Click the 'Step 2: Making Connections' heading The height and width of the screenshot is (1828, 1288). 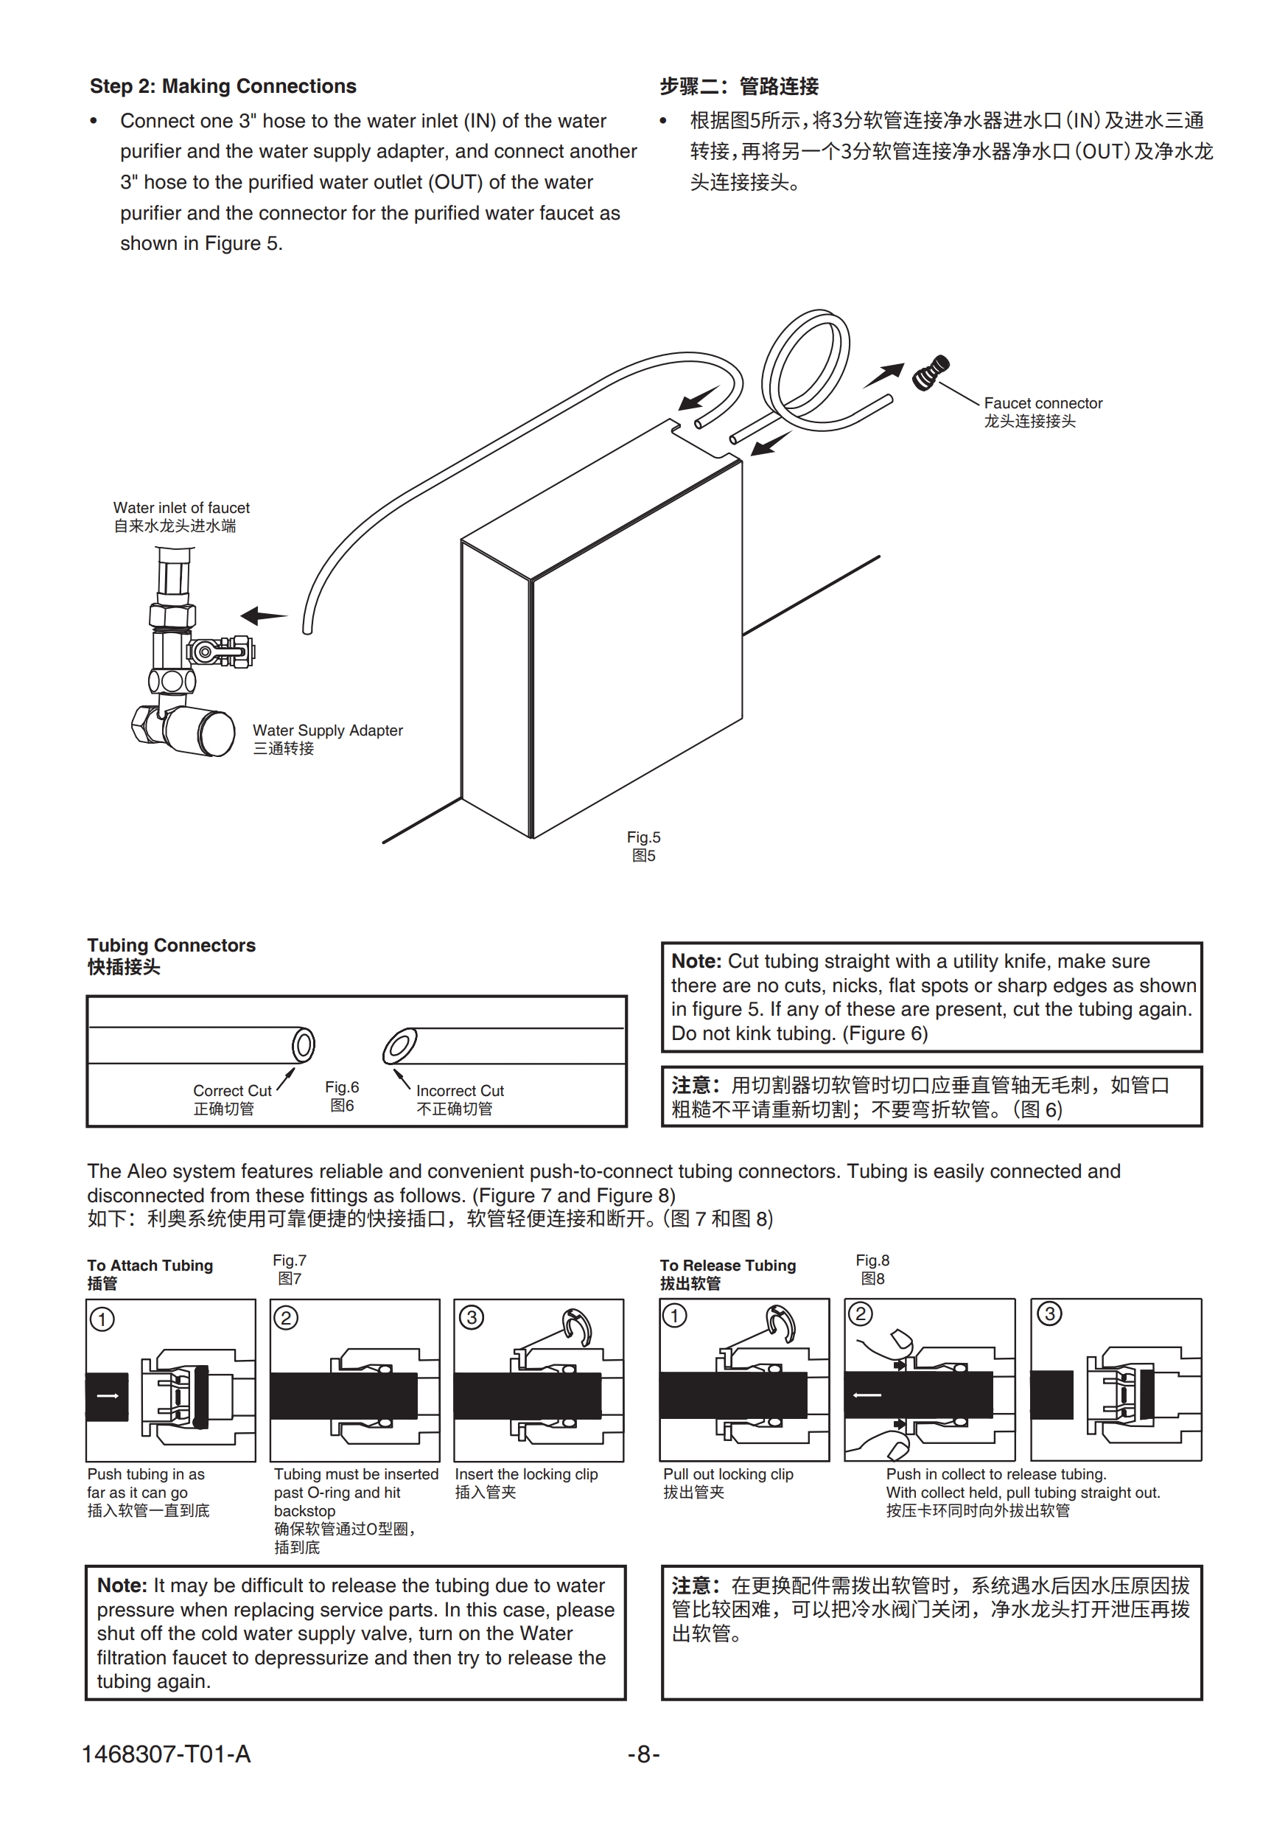223,86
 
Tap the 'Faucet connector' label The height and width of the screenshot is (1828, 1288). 1042,404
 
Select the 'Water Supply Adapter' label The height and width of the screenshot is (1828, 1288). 327,730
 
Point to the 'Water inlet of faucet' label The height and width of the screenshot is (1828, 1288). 181,508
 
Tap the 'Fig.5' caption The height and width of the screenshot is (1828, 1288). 643,837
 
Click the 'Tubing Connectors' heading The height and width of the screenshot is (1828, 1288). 171,945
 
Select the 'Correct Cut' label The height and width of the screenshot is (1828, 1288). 231,1091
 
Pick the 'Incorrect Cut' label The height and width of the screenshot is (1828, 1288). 459,1091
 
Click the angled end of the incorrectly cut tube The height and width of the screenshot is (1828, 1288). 399,1046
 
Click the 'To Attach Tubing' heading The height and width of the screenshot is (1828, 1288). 150,1265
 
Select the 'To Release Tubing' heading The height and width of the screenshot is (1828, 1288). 727,1265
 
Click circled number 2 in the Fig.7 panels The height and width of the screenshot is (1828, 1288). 286,1319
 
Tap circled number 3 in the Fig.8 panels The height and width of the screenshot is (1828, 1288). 1049,1314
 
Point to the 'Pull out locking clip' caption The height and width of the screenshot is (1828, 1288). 727,1474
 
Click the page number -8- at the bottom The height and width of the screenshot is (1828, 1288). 643,1753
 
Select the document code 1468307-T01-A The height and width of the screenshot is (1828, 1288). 166,1753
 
